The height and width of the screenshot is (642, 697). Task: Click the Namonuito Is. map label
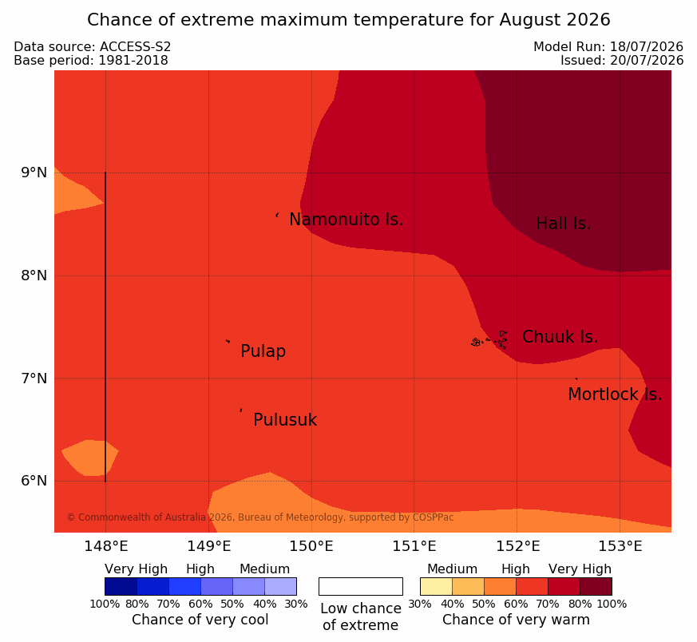[347, 220]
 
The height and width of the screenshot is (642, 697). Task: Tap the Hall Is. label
[563, 224]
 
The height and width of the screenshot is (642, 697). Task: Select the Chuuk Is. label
[560, 337]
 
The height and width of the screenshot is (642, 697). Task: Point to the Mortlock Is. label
[615, 394]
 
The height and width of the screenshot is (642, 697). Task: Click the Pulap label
[263, 351]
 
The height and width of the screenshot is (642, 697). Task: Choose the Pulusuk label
[285, 420]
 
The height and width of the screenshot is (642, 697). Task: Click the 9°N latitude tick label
[34, 172]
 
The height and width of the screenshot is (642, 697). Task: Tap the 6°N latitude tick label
[34, 481]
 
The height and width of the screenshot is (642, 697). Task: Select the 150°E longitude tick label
[311, 546]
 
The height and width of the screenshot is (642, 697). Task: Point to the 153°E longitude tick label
[620, 546]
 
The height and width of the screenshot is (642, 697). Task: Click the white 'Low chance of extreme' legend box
[361, 586]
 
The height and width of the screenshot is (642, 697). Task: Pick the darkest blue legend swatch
[121, 586]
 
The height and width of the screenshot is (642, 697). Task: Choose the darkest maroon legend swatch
[596, 586]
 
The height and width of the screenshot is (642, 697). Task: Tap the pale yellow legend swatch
[436, 586]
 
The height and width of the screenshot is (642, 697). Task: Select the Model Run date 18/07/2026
[647, 46]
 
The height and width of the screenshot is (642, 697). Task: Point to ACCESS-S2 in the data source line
[135, 46]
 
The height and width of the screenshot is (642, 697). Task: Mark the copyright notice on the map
[260, 517]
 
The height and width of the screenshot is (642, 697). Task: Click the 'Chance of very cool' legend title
[200, 620]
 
